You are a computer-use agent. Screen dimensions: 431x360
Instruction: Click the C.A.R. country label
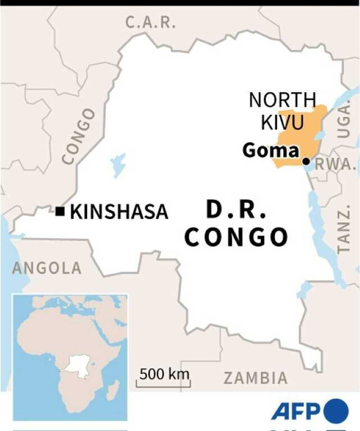pos(150,23)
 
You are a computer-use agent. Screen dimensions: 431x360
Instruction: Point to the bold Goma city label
pos(271,151)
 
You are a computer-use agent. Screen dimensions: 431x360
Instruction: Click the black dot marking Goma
pos(306,161)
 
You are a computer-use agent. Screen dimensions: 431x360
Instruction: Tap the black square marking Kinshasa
pos(60,211)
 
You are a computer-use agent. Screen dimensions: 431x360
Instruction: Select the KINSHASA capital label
pos(119,212)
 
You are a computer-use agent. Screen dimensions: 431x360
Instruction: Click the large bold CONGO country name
pos(236,237)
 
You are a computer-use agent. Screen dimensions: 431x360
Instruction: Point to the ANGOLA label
pos(47,268)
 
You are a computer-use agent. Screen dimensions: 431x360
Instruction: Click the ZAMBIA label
pos(256,378)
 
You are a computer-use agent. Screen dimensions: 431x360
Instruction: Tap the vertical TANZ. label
pos(343,228)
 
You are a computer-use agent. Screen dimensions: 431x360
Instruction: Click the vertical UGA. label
pos(344,118)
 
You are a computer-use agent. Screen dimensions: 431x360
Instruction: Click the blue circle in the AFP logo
pos(336,411)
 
